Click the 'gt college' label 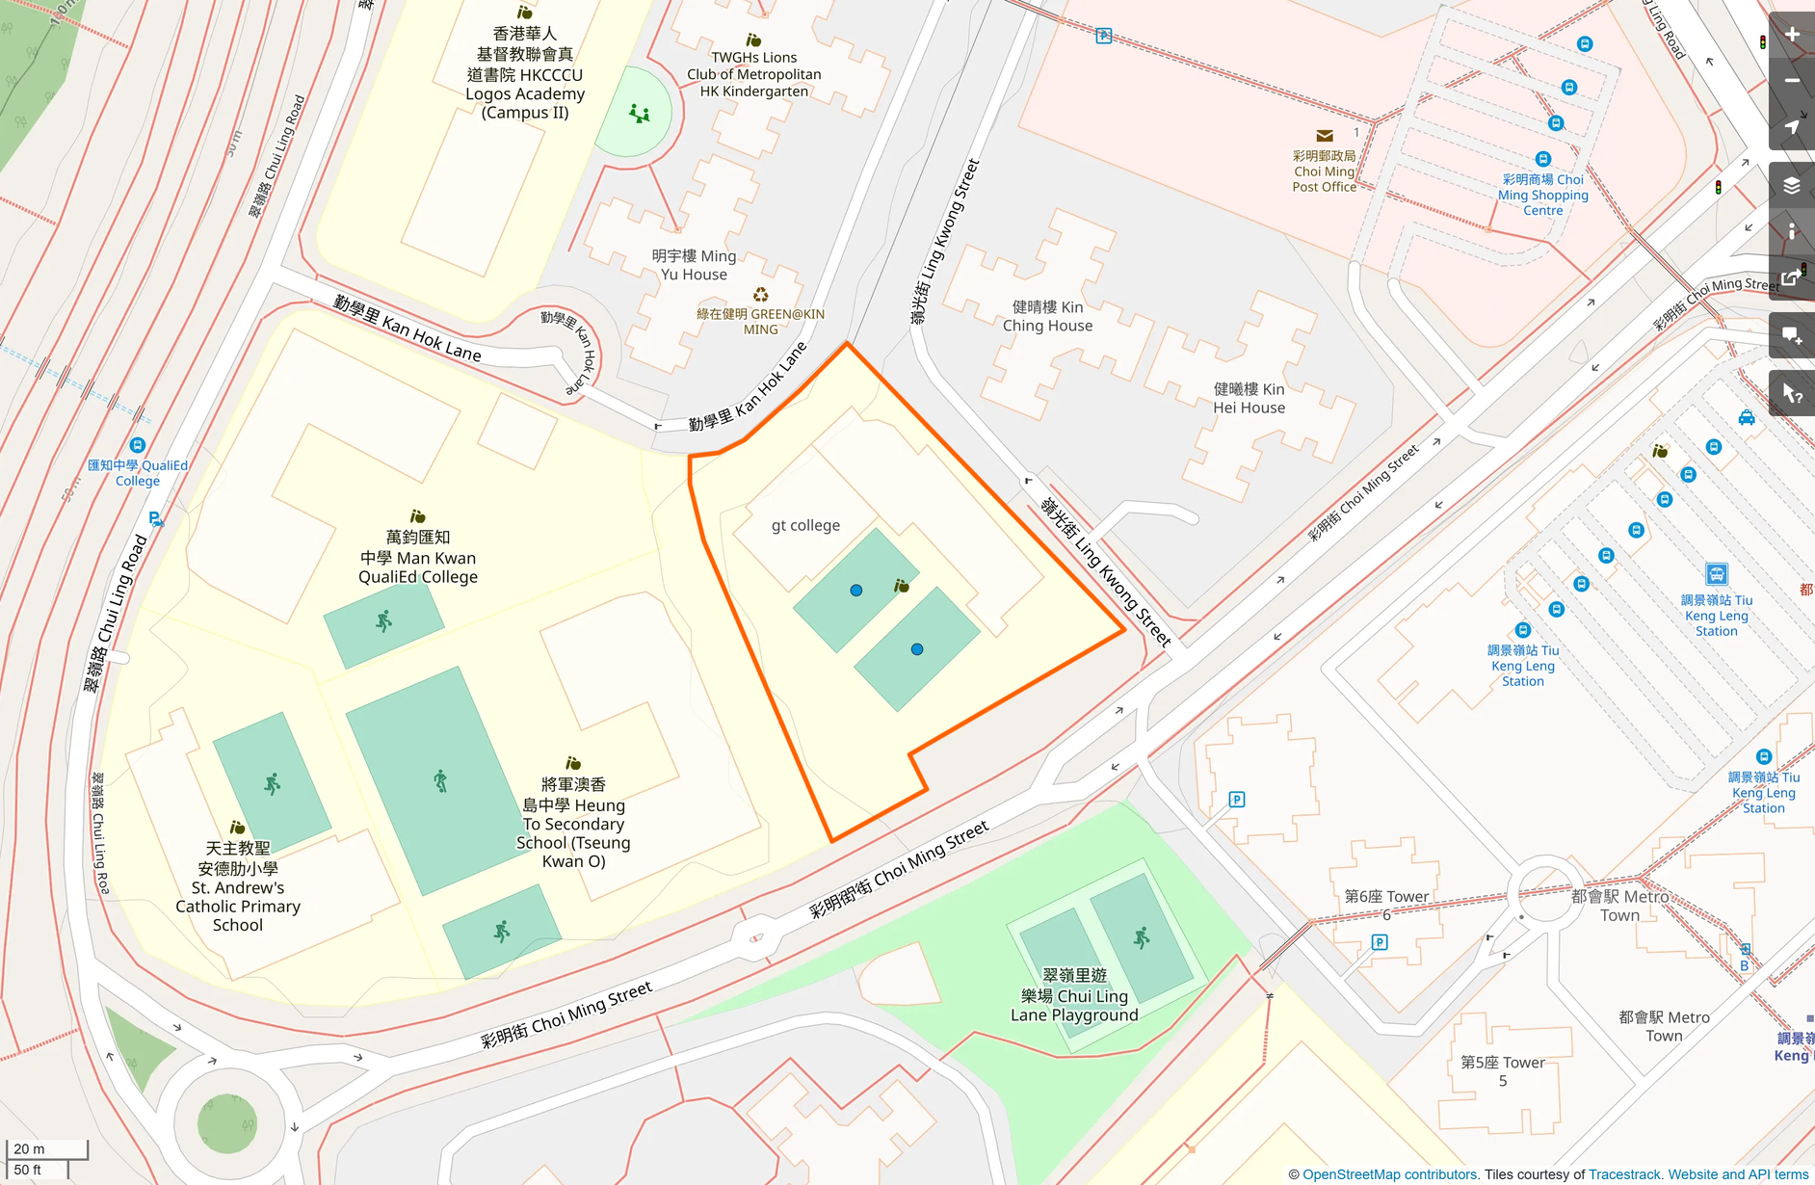click(805, 525)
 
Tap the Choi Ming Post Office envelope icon click(1325, 136)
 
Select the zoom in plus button click(1792, 35)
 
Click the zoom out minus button click(1792, 81)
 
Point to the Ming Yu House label click(694, 265)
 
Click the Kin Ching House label click(1047, 316)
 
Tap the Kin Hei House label click(1249, 398)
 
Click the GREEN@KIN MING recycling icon click(760, 295)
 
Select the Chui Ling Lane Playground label click(1074, 995)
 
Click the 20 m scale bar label click(30, 1148)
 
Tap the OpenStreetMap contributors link click(1389, 1174)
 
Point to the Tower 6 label click(1386, 905)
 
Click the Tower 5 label click(1502, 1070)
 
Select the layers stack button click(1792, 186)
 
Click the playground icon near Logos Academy click(639, 115)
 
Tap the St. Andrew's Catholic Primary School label click(238, 886)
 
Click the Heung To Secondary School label click(573, 823)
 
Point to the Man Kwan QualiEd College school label click(417, 557)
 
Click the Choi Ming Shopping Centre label click(1542, 195)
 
